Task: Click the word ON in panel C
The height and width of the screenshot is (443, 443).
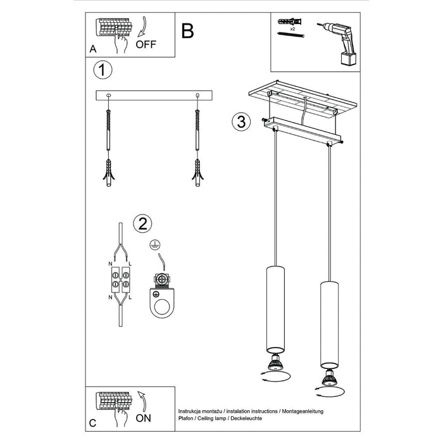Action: [x=144, y=418]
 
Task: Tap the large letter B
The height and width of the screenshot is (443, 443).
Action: [x=188, y=30]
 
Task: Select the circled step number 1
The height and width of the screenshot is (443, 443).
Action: [x=103, y=69]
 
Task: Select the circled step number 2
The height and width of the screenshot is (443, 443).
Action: [x=142, y=223]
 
